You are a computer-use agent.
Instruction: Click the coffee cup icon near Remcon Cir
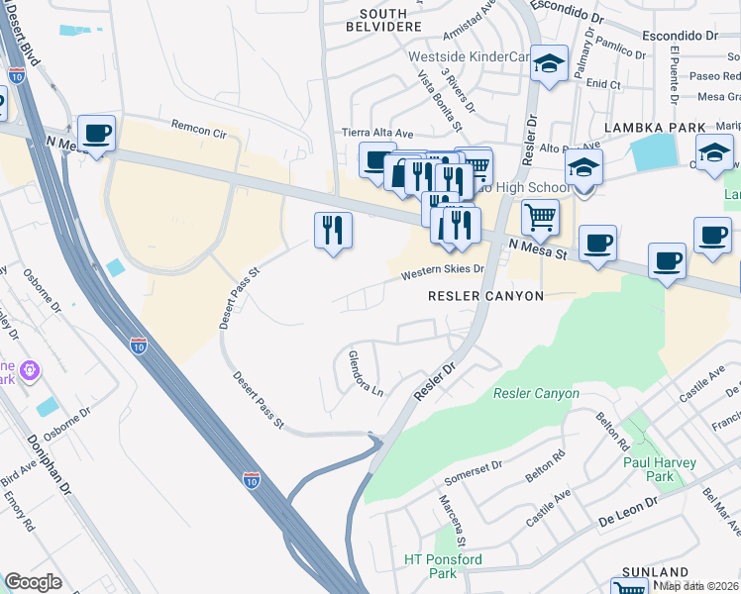click(x=96, y=133)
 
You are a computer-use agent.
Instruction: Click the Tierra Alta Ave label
click(x=376, y=133)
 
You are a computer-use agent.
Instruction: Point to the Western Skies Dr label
click(x=442, y=269)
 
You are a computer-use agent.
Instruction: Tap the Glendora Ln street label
click(x=365, y=375)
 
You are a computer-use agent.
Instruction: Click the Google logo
click(x=34, y=582)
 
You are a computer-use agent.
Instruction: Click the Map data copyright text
click(x=699, y=585)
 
